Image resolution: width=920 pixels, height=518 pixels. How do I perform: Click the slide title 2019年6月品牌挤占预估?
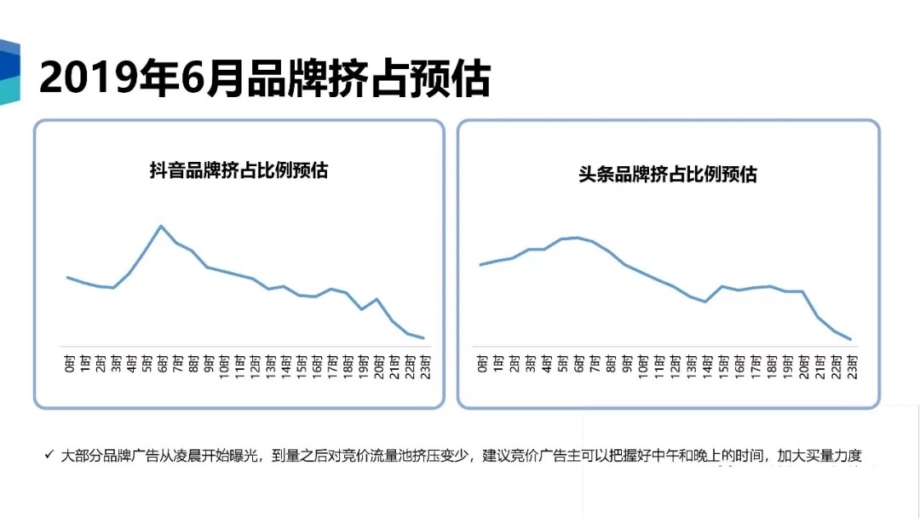(x=264, y=79)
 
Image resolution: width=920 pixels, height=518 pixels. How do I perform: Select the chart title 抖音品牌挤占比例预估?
(x=239, y=170)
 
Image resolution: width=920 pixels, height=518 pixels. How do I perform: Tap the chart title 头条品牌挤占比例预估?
(x=667, y=175)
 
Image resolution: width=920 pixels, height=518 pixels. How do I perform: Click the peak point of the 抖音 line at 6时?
(x=161, y=226)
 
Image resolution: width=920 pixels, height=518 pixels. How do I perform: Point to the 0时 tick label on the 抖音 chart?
(x=68, y=365)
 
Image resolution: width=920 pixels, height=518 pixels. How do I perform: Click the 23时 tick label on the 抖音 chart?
(x=423, y=365)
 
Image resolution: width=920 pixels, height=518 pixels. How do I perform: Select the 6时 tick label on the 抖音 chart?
(x=161, y=365)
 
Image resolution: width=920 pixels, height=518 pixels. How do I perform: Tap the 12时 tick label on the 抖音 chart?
(x=254, y=365)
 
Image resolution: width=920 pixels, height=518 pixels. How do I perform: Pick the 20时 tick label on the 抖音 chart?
(x=377, y=365)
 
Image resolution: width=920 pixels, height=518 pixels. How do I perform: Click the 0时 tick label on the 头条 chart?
(x=482, y=365)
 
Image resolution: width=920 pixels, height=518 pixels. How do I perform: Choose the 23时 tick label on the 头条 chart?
(x=850, y=365)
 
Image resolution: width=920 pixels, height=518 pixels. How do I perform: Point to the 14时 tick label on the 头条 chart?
(x=706, y=365)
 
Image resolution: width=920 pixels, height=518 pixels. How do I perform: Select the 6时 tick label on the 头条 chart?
(x=578, y=365)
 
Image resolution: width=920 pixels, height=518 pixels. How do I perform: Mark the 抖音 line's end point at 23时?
(x=423, y=338)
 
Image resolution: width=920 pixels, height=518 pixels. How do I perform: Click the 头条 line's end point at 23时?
(x=850, y=339)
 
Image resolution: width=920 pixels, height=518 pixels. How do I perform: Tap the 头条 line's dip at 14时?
(x=706, y=302)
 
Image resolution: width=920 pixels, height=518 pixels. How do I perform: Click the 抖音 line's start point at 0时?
(x=68, y=277)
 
